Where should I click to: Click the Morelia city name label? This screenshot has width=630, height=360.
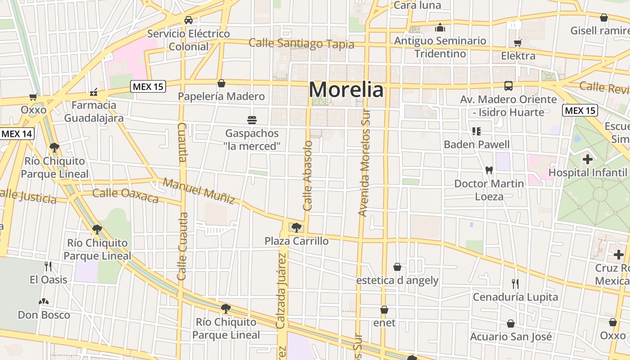[x=346, y=90]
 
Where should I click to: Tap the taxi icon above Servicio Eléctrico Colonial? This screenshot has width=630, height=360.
[x=189, y=20]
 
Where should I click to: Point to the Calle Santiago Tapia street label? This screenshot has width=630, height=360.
[x=301, y=44]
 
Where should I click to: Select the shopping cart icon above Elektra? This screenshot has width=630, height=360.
[x=518, y=43]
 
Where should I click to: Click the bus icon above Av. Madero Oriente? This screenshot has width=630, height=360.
[x=508, y=86]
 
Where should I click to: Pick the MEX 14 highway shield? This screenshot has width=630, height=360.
[x=17, y=134]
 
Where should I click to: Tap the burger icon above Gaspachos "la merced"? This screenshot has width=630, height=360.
[x=252, y=120]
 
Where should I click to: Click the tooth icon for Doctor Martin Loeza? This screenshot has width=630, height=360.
[x=489, y=171]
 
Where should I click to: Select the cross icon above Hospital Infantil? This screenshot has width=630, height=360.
[x=587, y=159]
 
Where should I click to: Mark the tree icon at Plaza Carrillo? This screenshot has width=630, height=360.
[x=296, y=228]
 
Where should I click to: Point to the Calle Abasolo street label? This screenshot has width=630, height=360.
[x=308, y=175]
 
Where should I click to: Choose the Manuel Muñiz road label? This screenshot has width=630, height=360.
[x=199, y=191]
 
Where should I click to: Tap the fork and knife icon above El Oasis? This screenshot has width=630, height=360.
[x=48, y=266]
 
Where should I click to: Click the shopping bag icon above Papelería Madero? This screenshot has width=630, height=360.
[x=221, y=83]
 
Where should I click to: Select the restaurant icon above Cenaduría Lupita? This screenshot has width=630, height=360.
[x=515, y=284]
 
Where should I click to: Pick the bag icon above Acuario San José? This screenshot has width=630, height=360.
[x=511, y=324]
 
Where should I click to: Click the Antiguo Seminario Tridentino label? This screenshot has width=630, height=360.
[x=440, y=47]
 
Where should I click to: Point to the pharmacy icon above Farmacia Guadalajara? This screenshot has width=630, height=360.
[x=94, y=92]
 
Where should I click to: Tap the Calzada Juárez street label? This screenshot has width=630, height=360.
[x=282, y=290]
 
